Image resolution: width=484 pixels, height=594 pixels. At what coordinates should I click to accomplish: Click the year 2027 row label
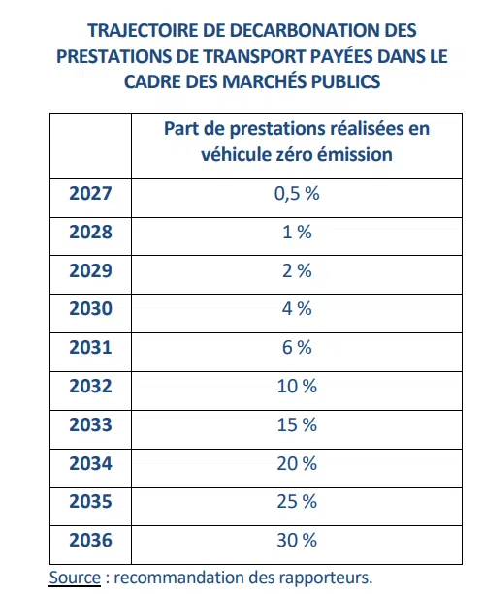coord(90,193)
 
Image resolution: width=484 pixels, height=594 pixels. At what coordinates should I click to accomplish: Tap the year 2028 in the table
coord(90,232)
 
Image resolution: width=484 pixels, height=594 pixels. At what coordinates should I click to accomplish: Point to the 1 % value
coord(297,232)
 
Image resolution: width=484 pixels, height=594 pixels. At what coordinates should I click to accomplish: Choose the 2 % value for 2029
coord(297,270)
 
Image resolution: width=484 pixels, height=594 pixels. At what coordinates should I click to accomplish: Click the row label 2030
coord(90,308)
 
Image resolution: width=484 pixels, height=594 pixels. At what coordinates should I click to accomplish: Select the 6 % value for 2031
coord(297,347)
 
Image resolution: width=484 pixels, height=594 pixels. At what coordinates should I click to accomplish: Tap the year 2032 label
coord(90,386)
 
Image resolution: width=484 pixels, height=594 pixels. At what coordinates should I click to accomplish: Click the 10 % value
coord(297,386)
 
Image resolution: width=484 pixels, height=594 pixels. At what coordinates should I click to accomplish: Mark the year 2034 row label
coord(90,463)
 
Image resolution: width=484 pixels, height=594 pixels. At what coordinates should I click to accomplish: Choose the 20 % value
coord(297,463)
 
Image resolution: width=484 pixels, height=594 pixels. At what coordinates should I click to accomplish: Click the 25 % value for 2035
coord(297,501)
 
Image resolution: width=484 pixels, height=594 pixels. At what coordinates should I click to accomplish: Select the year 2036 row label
coord(90,540)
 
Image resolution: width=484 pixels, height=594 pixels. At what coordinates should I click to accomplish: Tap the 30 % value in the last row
coord(297,540)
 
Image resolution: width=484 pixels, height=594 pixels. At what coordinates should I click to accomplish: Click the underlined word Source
coord(75,578)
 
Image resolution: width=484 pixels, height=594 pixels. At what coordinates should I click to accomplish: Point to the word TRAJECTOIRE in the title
coord(143,30)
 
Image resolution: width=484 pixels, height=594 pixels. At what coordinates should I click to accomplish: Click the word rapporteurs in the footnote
coord(324,578)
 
